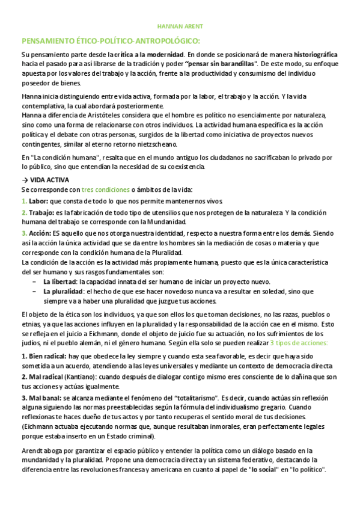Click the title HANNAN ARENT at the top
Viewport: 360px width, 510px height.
coord(180,27)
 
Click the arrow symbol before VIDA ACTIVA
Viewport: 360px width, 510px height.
coord(24,180)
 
